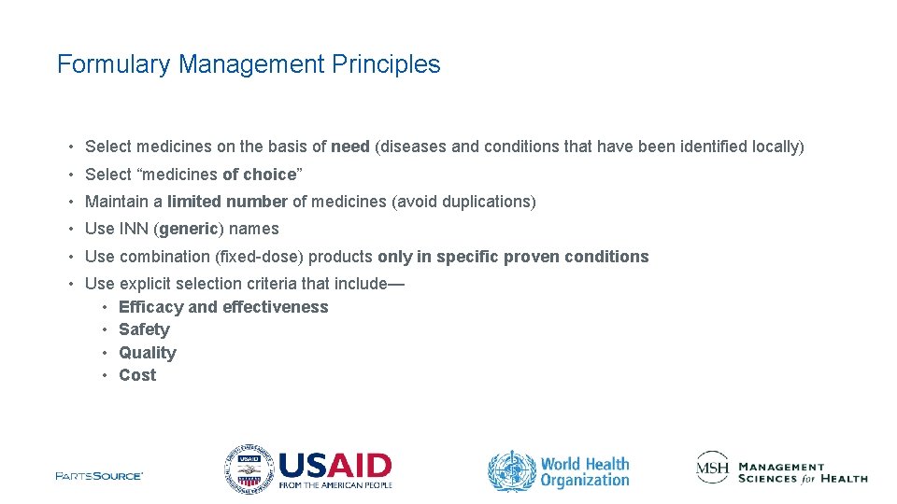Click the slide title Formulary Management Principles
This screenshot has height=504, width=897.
(x=249, y=64)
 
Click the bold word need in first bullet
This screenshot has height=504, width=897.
(x=349, y=147)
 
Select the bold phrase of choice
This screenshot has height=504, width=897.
(x=259, y=175)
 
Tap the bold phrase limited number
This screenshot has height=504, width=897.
(x=227, y=202)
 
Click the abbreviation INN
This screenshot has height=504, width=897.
(x=133, y=229)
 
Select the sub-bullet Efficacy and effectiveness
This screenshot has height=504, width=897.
(x=223, y=307)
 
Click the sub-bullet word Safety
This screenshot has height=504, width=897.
(x=144, y=329)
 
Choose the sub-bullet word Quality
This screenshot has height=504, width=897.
(x=147, y=353)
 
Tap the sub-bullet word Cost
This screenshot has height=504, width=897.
(x=137, y=375)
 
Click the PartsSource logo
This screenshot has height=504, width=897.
(x=99, y=476)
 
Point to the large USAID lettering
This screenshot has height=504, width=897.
(x=335, y=465)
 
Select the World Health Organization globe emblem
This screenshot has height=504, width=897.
(x=512, y=471)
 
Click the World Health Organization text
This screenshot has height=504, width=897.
(x=585, y=472)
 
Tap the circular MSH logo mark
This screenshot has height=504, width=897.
(x=712, y=468)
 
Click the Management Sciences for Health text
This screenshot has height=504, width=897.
(x=802, y=473)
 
